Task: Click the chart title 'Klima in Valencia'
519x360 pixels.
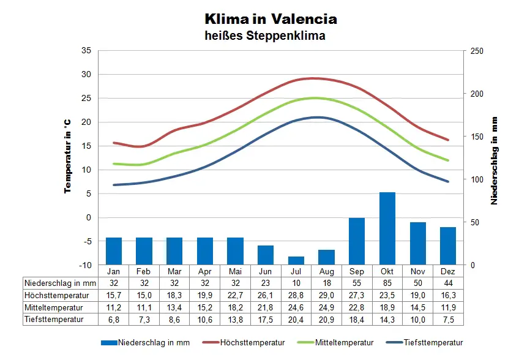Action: point(271,19)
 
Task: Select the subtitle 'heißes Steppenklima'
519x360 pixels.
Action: point(265,36)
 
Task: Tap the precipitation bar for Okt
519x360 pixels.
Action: point(387,228)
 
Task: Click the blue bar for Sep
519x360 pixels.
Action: point(357,241)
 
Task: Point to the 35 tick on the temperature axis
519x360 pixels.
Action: point(86,51)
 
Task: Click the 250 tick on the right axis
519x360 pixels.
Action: point(476,51)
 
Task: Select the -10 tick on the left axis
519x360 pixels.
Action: point(85,265)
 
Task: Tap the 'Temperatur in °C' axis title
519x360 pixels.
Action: point(69,156)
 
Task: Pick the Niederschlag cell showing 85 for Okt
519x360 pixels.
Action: point(387,283)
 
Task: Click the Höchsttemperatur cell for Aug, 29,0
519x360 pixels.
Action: point(327,295)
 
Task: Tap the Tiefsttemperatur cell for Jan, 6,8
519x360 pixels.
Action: point(114,319)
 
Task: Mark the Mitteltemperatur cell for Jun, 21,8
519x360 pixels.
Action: point(266,307)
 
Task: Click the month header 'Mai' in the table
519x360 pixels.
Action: point(235,271)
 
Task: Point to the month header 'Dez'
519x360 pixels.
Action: point(447,271)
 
